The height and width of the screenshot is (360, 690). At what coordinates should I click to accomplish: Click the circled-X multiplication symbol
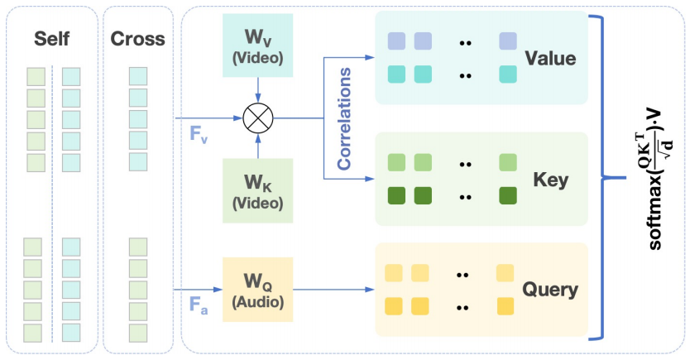point(257,118)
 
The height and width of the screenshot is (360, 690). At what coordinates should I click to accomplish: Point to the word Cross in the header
point(137,39)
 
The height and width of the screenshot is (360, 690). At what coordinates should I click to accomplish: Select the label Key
point(549,179)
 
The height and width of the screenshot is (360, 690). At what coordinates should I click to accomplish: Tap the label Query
point(549,290)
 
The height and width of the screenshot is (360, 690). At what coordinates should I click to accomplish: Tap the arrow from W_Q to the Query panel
point(331,290)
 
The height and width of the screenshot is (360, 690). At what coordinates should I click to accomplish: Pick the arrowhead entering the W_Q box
point(218,290)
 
